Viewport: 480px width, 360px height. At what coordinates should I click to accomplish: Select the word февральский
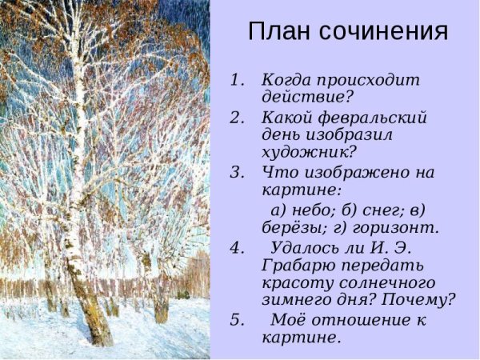click(370, 118)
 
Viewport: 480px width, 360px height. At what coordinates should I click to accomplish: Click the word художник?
click(309, 153)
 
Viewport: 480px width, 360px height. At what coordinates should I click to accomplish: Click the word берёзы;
click(291, 227)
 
